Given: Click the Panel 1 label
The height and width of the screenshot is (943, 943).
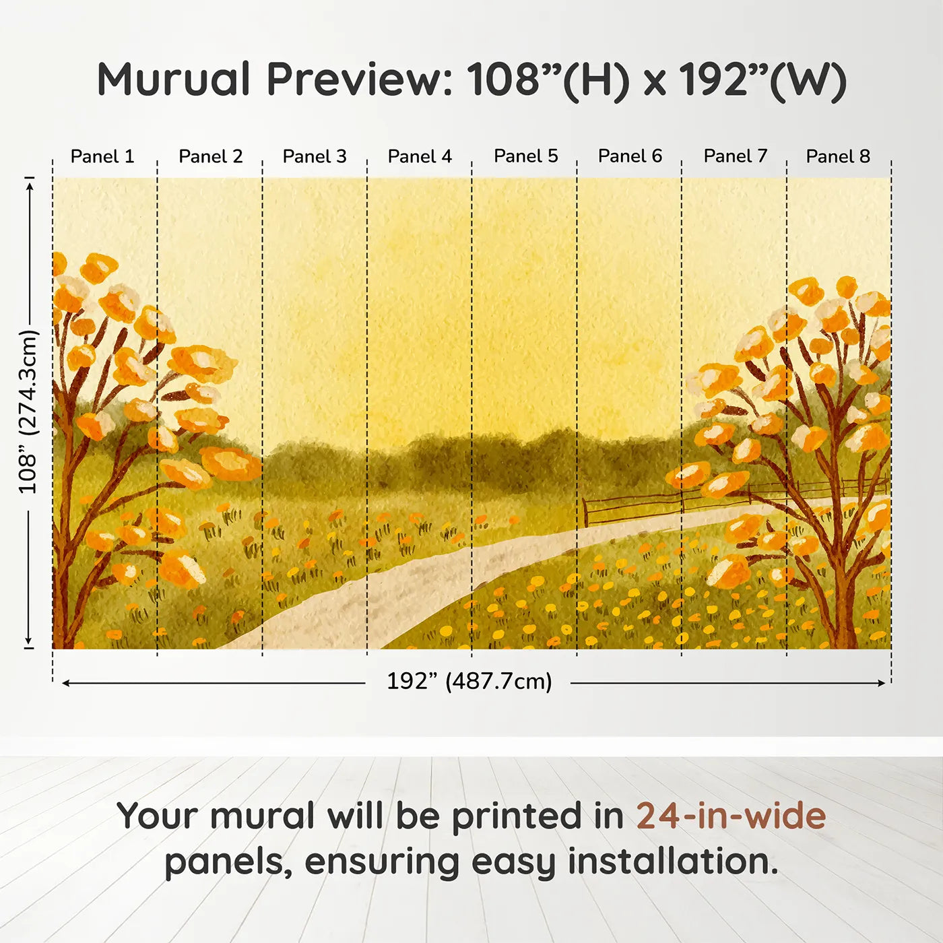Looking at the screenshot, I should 102,156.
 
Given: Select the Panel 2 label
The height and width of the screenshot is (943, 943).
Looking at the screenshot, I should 210,156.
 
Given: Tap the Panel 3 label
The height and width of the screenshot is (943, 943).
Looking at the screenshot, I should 315,156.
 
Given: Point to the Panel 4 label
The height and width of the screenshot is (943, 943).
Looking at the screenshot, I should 420,156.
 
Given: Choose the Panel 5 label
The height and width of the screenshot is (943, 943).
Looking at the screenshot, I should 525,156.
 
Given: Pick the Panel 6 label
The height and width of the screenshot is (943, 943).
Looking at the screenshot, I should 630,156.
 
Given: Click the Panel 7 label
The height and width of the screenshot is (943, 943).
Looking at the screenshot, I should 735,156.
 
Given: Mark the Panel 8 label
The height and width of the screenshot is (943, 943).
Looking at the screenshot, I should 838,156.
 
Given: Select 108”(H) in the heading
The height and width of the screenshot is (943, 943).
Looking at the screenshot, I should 548,79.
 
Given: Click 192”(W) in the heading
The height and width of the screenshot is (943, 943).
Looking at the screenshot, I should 761,79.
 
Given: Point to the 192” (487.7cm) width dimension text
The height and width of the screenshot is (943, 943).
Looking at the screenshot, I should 469,682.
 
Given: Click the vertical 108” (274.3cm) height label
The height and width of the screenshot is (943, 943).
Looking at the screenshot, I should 28,412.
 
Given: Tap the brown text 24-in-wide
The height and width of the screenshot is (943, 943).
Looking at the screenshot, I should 731,816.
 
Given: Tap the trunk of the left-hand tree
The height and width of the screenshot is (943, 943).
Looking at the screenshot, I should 62,593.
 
